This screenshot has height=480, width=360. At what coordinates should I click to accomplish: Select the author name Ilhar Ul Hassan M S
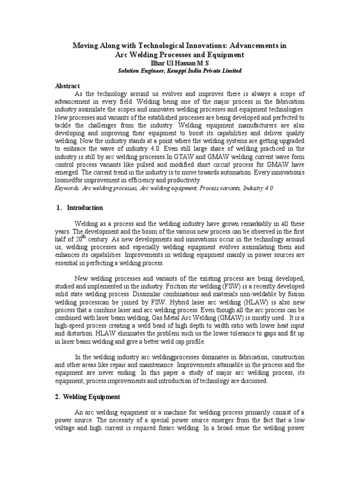[180, 62]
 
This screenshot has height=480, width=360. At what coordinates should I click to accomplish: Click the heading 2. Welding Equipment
[88, 397]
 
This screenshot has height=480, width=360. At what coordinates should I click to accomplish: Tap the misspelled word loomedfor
[69, 180]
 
